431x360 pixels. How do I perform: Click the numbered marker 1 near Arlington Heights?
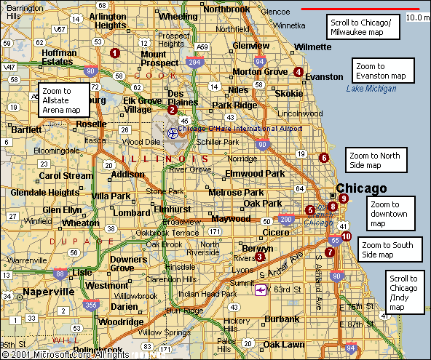pyautogui.click(x=114, y=52)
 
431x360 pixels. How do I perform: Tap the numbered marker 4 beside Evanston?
pyautogui.click(x=298, y=71)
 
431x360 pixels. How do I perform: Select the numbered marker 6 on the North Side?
pyautogui.click(x=324, y=157)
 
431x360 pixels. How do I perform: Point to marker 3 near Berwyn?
pyautogui.click(x=260, y=255)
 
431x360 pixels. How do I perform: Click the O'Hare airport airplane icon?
pyautogui.click(x=173, y=133)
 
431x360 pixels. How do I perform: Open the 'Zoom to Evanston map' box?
pyautogui.click(x=382, y=71)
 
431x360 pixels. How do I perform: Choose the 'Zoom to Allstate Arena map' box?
pyautogui.click(x=63, y=100)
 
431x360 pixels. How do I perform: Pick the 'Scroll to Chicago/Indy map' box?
pyautogui.click(x=404, y=293)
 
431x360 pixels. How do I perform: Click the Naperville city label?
pyautogui.click(x=49, y=291)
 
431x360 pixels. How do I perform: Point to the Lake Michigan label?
pyautogui.click(x=371, y=89)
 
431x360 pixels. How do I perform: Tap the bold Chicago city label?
pyautogui.click(x=361, y=188)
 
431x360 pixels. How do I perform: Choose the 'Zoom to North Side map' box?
pyautogui.click(x=374, y=160)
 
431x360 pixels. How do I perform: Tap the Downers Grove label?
pyautogui.click(x=127, y=263)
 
